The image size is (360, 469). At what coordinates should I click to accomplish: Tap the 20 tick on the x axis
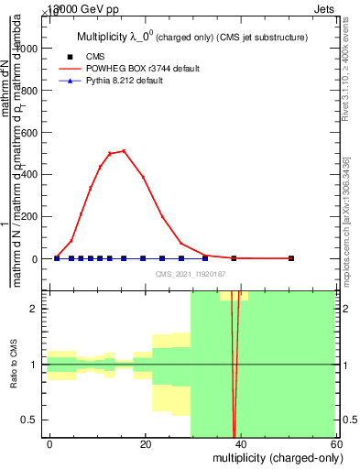pyautogui.click(x=145, y=443)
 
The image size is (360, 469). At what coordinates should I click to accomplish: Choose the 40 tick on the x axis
pyautogui.click(x=240, y=443)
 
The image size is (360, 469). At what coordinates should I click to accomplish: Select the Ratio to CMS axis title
pyautogui.click(x=14, y=364)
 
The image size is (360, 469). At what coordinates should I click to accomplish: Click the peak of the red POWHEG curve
pyautogui.click(x=124, y=151)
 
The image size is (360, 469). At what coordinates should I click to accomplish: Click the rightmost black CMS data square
pyautogui.click(x=291, y=258)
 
